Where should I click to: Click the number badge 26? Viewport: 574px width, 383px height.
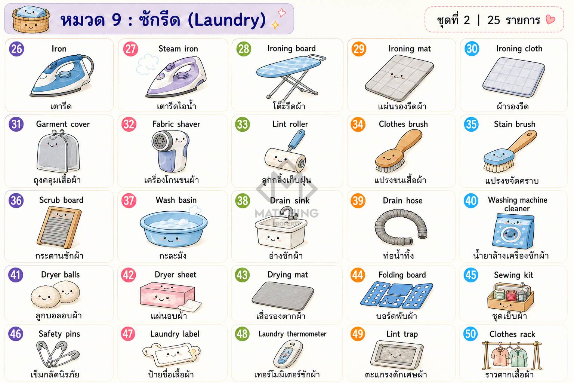point(17,49)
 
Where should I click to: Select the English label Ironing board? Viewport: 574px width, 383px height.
point(291,49)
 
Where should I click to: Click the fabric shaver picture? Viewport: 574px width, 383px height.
point(170,151)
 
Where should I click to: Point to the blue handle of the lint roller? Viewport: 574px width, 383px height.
point(296,140)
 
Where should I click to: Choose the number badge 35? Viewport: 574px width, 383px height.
point(471,124)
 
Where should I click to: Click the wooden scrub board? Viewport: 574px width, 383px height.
point(59,227)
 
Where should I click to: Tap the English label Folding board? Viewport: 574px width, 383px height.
point(402,275)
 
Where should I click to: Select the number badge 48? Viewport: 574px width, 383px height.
point(242,334)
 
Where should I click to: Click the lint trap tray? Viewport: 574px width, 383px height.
point(396,354)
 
